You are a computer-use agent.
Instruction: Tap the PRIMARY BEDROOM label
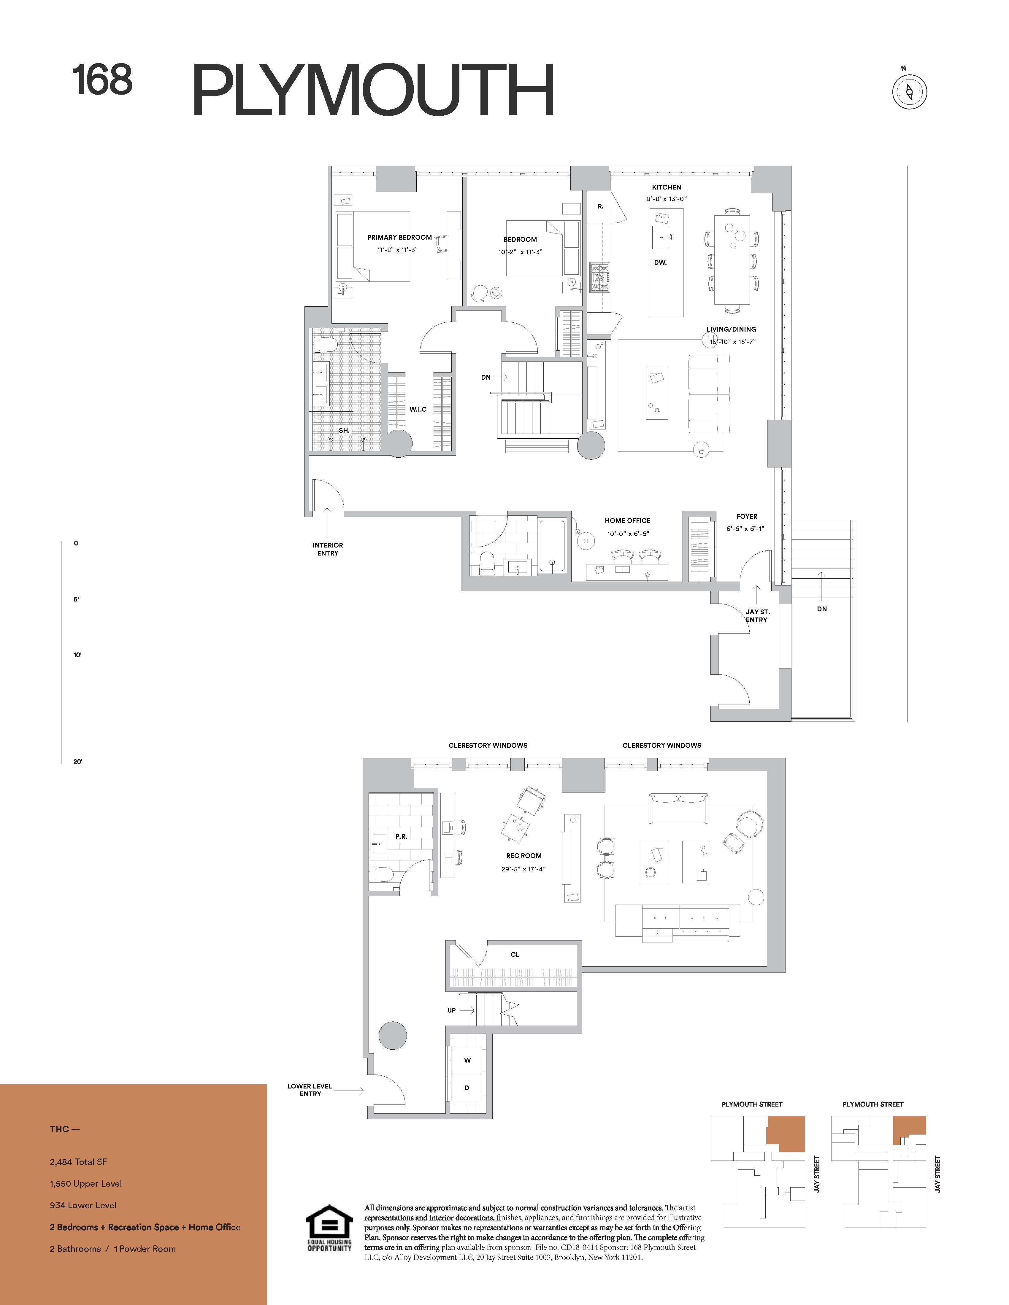[x=399, y=237]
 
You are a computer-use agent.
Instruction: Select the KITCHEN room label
[x=667, y=187]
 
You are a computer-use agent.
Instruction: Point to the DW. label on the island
[x=661, y=262]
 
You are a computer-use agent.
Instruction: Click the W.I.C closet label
[x=418, y=409]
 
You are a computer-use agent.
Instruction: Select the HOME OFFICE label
[x=628, y=521]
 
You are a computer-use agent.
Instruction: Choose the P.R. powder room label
[x=401, y=837]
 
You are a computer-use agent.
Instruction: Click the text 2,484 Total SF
[x=78, y=1161]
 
